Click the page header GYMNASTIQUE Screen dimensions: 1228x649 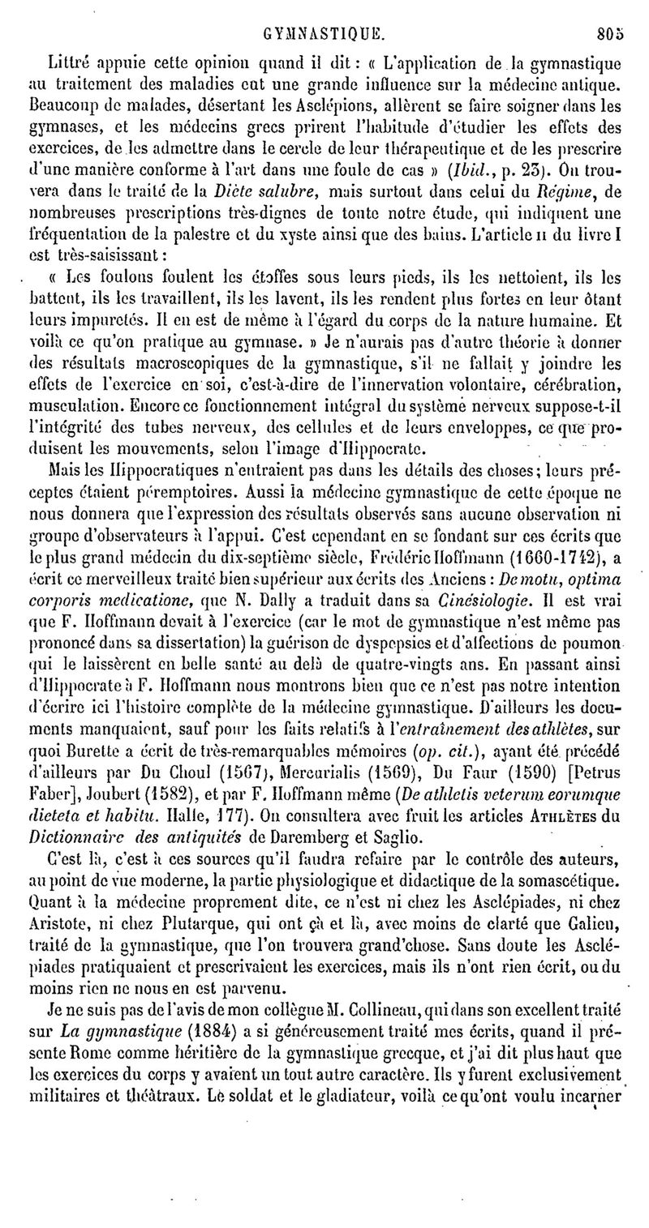pos(322,35)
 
